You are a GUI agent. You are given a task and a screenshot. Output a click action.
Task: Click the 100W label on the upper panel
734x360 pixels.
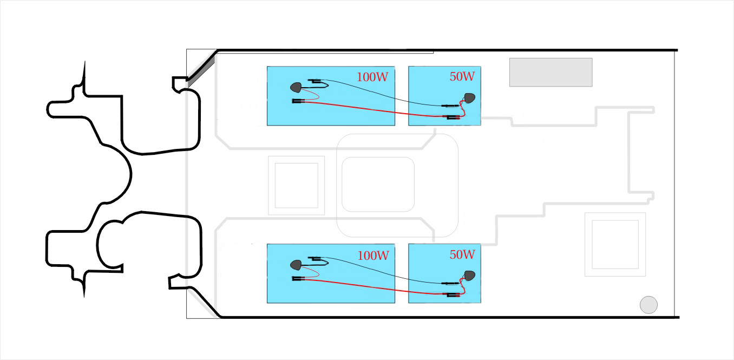click(x=372, y=77)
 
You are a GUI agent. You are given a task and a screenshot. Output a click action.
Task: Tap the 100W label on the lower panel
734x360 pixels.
click(x=373, y=256)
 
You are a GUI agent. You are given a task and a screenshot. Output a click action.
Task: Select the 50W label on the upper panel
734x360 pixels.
click(x=462, y=76)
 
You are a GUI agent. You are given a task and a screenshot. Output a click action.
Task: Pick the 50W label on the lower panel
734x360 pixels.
click(x=462, y=254)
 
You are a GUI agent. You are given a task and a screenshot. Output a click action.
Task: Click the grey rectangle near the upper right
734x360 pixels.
click(x=551, y=73)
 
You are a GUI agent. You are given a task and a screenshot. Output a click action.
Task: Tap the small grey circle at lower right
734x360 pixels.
click(x=648, y=305)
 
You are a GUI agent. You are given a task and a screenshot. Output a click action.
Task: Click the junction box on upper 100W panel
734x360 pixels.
click(x=296, y=87)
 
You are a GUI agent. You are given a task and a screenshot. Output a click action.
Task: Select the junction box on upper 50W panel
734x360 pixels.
click(x=470, y=98)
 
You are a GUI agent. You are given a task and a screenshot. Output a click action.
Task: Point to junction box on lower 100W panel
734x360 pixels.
click(x=296, y=265)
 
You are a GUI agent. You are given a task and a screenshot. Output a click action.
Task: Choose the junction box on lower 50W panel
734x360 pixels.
click(x=470, y=276)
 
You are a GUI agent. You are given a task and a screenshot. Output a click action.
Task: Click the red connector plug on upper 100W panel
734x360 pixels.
click(x=298, y=101)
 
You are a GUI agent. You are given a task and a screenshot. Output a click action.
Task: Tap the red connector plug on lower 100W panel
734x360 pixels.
click(x=298, y=278)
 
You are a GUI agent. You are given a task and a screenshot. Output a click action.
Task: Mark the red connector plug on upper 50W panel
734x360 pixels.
click(x=451, y=117)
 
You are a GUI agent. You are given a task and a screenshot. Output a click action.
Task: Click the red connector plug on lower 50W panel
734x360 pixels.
click(x=451, y=295)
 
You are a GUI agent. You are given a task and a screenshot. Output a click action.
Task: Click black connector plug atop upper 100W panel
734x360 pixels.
click(x=314, y=81)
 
